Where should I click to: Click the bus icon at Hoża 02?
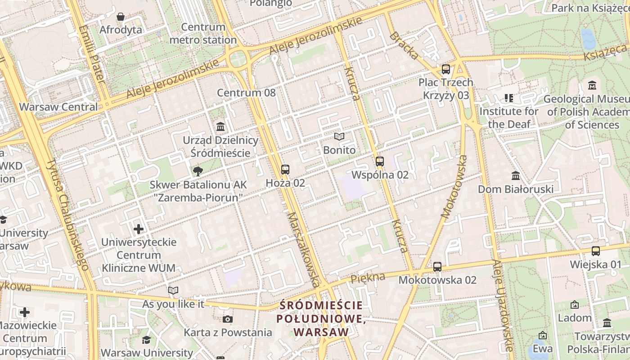pyautogui.click(x=285, y=170)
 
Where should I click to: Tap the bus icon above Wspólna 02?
pyautogui.click(x=380, y=161)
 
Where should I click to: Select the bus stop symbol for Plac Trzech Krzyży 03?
pyautogui.click(x=446, y=69)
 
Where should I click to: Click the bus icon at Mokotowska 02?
pyautogui.click(x=437, y=266)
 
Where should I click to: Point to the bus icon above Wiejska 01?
pyautogui.click(x=596, y=251)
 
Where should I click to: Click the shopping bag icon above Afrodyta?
pyautogui.click(x=121, y=17)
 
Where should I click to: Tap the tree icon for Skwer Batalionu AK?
pyautogui.click(x=197, y=171)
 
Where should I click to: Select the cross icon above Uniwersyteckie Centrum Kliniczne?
pyautogui.click(x=139, y=229)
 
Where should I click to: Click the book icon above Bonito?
pyautogui.click(x=339, y=136)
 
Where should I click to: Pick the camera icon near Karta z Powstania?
pyautogui.click(x=228, y=319)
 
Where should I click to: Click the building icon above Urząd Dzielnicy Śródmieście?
pyautogui.click(x=220, y=126)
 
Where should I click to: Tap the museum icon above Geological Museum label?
pyautogui.click(x=592, y=85)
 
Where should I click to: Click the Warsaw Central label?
pyautogui.click(x=58, y=107)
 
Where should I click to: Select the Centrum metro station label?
pyautogui.click(x=203, y=34)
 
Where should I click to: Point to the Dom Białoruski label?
pyautogui.click(x=516, y=189)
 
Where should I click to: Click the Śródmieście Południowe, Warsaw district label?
pyautogui.click(x=321, y=319)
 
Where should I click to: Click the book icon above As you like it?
pyautogui.click(x=173, y=290)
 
